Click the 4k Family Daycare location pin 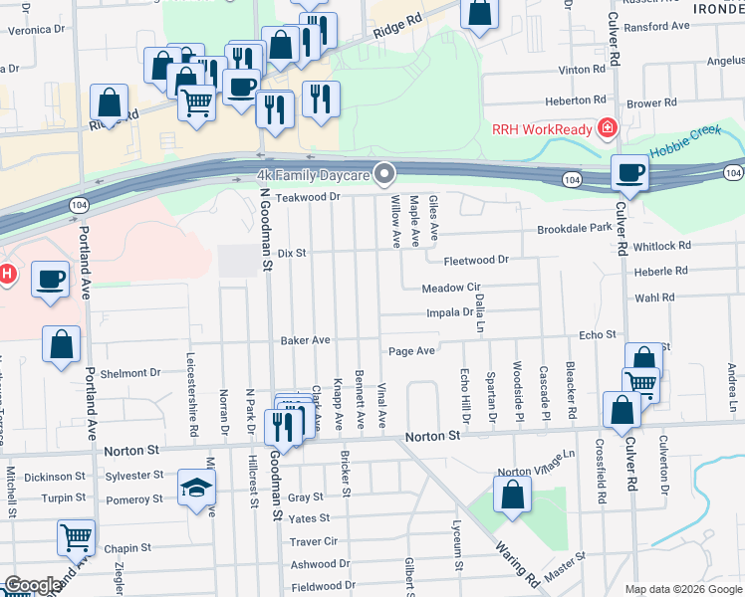385,174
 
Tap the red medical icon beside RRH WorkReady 606,129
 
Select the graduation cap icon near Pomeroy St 196,488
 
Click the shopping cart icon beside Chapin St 76,536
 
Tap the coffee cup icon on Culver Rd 629,172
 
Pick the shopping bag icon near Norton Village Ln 512,496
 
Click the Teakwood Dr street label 309,197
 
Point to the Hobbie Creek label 686,145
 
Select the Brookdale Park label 574,228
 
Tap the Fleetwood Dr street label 476,260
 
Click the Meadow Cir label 451,288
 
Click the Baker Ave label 305,340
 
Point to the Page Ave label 411,351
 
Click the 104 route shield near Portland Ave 78,204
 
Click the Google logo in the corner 32,585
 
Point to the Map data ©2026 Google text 682,589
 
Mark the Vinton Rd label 582,70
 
